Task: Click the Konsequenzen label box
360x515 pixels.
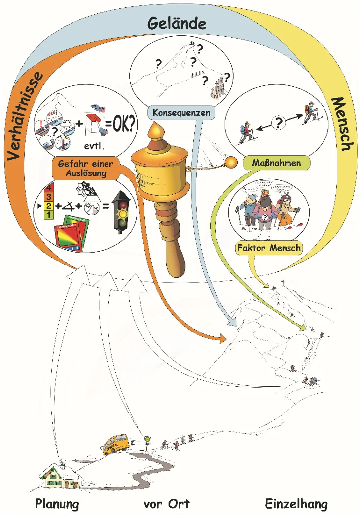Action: (x=181, y=113)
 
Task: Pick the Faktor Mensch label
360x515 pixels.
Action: (x=269, y=248)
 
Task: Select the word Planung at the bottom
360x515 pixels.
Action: (x=57, y=504)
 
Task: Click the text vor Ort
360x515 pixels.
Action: (x=166, y=504)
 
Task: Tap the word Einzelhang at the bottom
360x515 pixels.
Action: (x=296, y=504)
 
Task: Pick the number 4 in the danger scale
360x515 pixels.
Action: (x=48, y=188)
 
